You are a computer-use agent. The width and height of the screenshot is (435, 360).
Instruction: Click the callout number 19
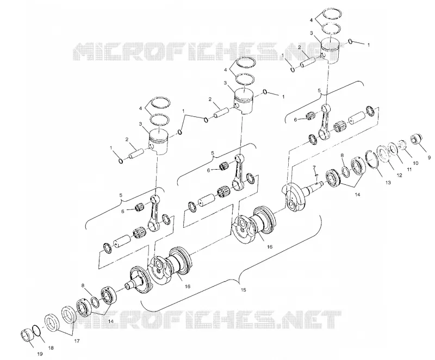tap(40, 353)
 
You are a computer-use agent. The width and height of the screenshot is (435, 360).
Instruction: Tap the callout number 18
tap(51, 347)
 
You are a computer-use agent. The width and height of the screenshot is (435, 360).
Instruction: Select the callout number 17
tap(77, 341)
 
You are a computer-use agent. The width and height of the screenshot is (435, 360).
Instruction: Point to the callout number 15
tap(243, 290)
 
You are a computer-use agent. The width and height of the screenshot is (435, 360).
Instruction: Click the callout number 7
tap(314, 167)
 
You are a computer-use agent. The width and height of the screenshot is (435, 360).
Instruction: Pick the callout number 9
tap(430, 158)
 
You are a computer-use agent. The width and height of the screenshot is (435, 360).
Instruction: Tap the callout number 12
tap(399, 175)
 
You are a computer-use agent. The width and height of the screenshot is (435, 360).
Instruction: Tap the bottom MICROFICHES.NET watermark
tap(208, 320)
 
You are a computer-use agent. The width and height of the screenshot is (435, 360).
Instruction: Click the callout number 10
tap(415, 163)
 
